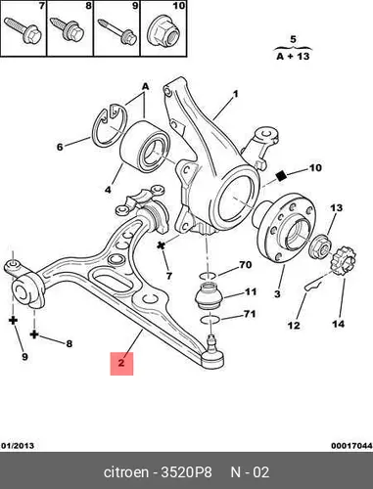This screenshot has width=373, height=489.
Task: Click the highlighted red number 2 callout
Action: click(121, 364)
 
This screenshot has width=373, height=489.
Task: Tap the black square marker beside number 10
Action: click(281, 176)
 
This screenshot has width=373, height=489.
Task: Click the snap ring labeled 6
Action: click(110, 125)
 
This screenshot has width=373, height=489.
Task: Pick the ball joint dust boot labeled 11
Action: click(209, 296)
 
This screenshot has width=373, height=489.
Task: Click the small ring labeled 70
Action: click(209, 276)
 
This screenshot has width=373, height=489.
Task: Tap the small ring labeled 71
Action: click(210, 319)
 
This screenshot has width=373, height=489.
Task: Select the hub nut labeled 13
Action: click(320, 246)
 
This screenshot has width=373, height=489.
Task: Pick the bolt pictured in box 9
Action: click(117, 31)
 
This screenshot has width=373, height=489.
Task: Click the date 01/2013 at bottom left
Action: click(18, 446)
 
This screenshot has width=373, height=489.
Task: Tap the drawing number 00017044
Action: click(351, 446)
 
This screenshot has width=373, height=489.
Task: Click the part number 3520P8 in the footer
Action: click(186, 472)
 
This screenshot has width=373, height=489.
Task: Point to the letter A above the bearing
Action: click(145, 86)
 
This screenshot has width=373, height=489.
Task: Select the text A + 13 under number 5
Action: click(293, 56)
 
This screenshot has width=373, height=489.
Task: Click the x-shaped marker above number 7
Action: click(161, 245)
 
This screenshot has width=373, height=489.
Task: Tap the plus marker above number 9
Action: click(13, 320)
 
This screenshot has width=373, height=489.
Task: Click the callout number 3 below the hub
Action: click(277, 293)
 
